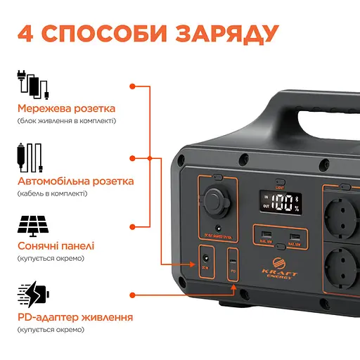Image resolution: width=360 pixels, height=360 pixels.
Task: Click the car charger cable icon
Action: point(31,155)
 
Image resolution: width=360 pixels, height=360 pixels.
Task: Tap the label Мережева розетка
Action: point(67,109)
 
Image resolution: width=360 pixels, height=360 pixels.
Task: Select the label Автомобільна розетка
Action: point(76,181)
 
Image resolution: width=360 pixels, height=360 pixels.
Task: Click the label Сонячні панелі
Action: point(56,246)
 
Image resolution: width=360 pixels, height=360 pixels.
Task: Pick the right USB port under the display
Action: point(295,235)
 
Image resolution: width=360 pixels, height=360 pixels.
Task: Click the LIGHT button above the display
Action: point(281,181)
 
